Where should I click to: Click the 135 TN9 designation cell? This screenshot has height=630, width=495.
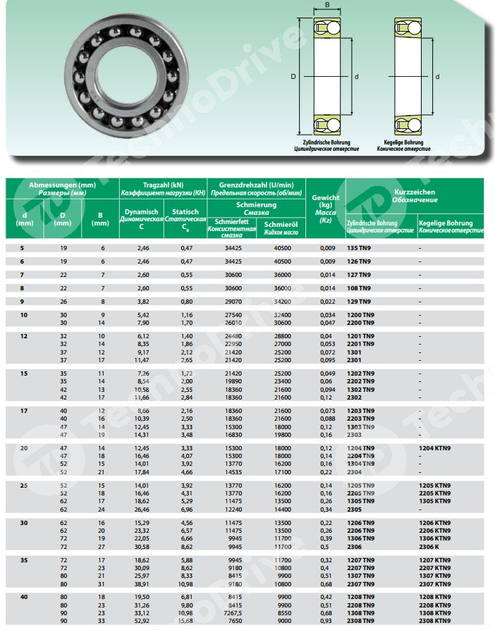(360, 248)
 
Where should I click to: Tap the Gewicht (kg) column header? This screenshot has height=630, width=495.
(325, 209)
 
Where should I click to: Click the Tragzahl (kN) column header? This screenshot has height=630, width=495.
(162, 187)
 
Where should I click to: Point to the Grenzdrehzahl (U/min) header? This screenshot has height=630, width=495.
(256, 187)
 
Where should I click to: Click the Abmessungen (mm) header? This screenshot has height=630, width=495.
(62, 187)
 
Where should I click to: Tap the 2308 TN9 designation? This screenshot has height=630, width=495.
(360, 620)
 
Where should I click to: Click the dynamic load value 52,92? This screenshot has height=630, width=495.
(143, 620)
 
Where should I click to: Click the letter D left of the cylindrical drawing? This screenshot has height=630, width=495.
(293, 77)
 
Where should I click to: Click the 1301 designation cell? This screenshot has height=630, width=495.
(355, 352)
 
